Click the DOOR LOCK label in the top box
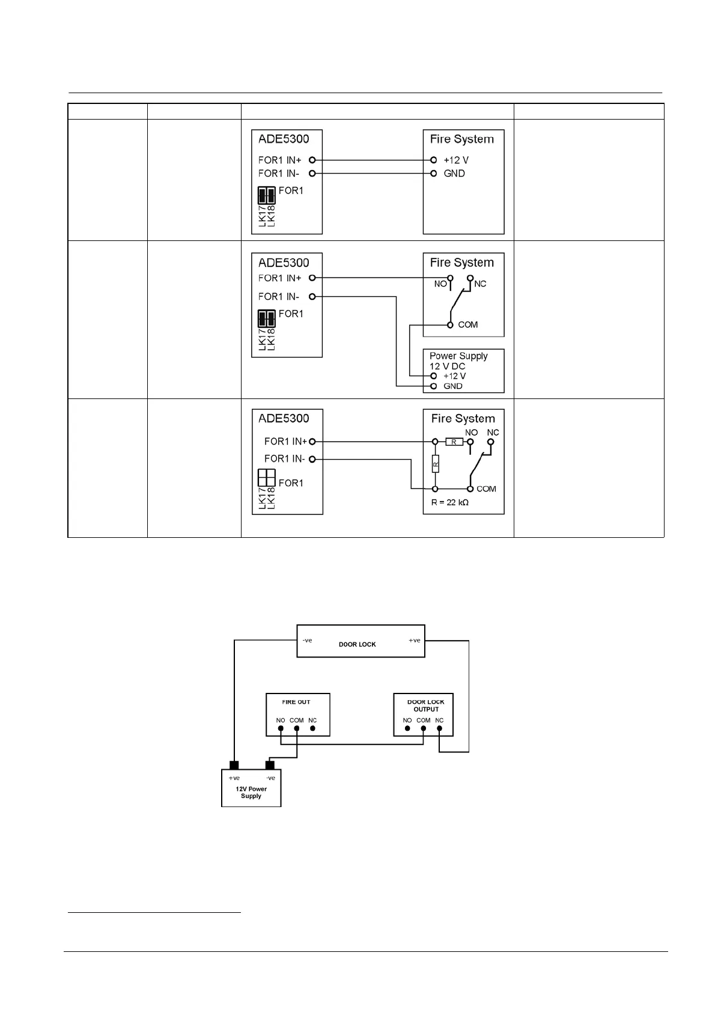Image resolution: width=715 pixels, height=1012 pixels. coord(357,644)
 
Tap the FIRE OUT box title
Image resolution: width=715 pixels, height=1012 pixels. coord(296,702)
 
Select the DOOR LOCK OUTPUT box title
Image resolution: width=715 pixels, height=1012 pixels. coord(425,706)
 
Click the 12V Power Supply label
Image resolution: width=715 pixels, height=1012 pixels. coord(251,792)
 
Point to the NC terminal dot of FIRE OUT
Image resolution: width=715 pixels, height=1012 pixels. coord(312,729)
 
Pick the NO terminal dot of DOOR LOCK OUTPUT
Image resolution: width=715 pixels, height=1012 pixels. coord(407,729)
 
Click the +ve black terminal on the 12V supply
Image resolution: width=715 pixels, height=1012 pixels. coord(234,765)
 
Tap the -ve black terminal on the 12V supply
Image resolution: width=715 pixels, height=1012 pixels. coord(270,765)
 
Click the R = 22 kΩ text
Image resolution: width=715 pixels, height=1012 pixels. coord(449,502)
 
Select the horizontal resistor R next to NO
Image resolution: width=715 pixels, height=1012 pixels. coord(454,442)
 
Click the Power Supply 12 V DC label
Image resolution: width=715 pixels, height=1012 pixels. coord(458,361)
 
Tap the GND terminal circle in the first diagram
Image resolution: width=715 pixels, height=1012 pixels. coord(433,174)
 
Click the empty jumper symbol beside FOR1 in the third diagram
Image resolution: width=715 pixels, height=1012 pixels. coord(266,478)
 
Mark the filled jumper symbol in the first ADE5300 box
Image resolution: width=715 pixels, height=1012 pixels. coord(266,195)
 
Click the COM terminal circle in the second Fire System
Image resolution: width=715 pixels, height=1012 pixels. coord(450,325)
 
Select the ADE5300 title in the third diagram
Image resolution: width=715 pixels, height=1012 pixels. coord(284,418)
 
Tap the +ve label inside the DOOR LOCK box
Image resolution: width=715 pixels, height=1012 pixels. coord(415,641)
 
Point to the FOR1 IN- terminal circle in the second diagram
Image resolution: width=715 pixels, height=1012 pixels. coord(312,296)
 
